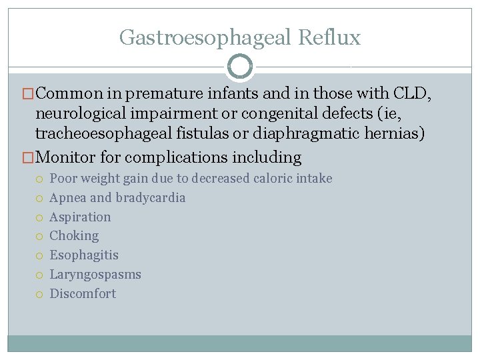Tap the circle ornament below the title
240,67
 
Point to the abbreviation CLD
411,95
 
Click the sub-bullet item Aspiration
81,217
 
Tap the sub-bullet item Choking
74,236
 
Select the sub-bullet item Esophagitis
84,255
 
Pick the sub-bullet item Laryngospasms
95,275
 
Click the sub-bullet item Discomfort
83,293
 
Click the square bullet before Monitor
28,158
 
